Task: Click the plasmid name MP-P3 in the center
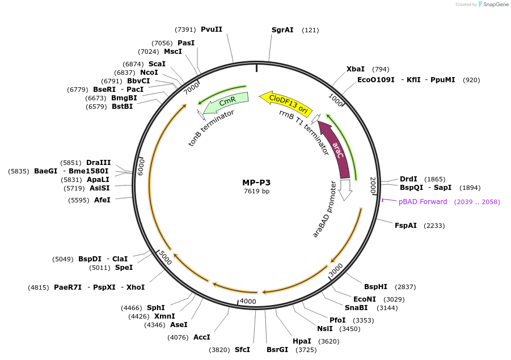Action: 256,183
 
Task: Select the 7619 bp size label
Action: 256,192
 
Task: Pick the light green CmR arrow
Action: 226,101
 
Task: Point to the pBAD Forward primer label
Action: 423,202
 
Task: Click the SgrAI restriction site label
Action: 282,29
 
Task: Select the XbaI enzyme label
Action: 356,69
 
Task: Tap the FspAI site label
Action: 406,225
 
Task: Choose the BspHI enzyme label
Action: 375,287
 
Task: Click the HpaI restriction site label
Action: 302,341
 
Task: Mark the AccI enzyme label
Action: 201,337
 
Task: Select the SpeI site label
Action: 124,268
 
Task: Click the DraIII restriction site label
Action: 98,163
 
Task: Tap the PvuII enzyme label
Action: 212,29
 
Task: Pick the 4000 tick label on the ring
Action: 248,301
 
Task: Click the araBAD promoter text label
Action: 325,209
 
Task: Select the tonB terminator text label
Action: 212,128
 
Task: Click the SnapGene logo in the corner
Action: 491,5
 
